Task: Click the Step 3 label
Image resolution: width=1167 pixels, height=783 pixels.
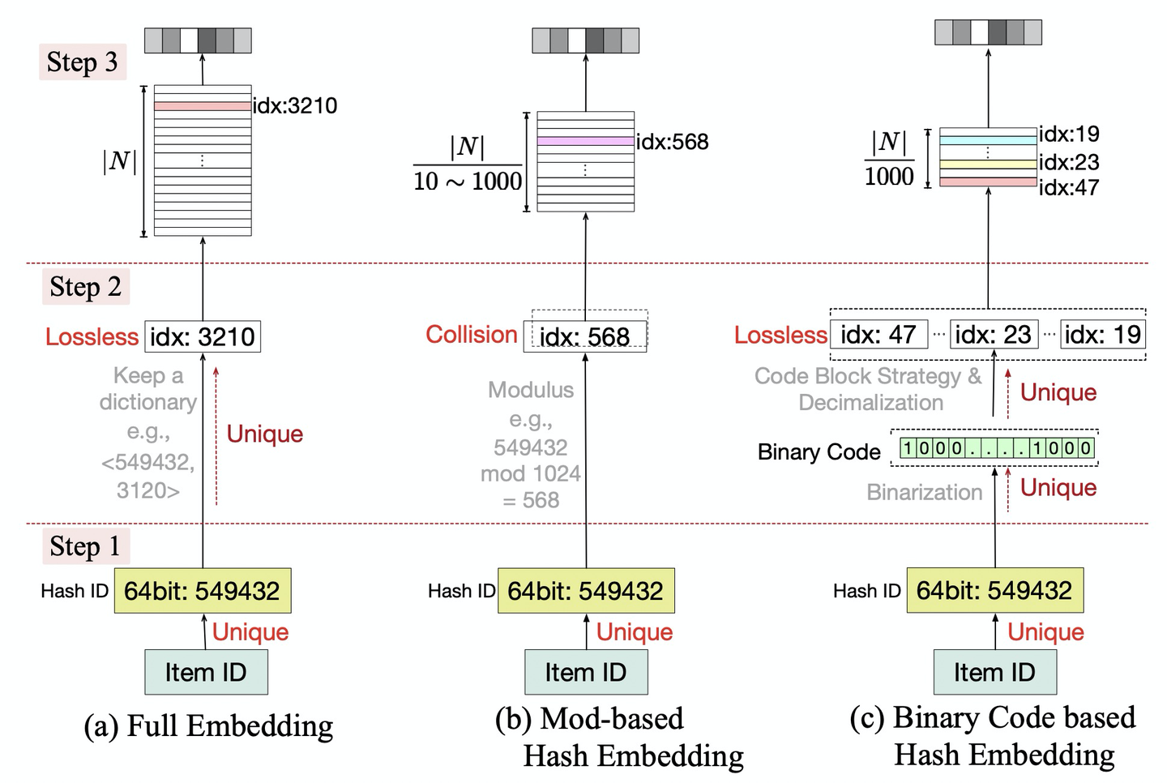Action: coord(82,62)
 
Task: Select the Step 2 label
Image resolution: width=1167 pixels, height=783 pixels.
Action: coord(85,287)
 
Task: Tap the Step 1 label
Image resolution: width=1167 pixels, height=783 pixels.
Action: coord(85,546)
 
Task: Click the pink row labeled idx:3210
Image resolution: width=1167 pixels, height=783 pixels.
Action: coord(203,106)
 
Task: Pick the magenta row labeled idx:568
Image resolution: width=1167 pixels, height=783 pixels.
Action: coord(585,141)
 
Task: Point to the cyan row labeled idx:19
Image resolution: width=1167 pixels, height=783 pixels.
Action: coord(988,139)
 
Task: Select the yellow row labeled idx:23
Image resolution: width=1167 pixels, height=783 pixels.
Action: coord(988,164)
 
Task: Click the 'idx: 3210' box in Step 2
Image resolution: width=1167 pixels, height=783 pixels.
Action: coord(203,336)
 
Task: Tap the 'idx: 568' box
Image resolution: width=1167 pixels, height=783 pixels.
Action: coord(585,336)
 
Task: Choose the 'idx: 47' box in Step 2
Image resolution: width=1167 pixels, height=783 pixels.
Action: coord(878,334)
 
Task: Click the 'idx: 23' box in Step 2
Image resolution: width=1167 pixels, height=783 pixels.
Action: coord(993,334)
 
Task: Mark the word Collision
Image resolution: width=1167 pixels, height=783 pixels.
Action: coord(472,335)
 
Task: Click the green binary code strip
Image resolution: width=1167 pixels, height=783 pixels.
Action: coord(997,448)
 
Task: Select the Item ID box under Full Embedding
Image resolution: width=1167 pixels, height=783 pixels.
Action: coord(206,672)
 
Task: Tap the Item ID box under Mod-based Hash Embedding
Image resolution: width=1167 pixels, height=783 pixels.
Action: coord(586,672)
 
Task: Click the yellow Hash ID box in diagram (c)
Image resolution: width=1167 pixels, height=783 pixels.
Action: coord(994,591)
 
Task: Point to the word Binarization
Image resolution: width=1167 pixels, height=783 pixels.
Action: coord(924,492)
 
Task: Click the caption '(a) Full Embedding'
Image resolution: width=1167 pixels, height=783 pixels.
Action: coord(208,725)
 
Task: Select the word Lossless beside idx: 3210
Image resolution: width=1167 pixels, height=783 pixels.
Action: coord(92,336)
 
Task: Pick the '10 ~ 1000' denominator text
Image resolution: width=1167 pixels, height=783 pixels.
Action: coord(468,181)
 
